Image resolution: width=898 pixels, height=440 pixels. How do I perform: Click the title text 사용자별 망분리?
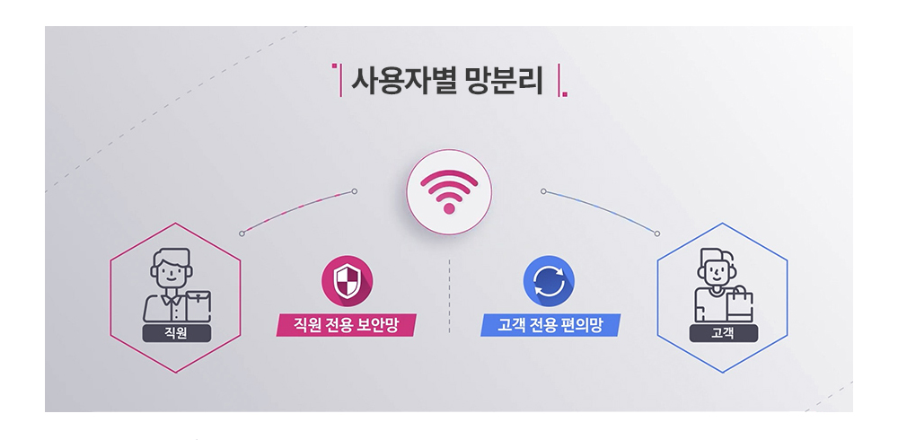coord(446,82)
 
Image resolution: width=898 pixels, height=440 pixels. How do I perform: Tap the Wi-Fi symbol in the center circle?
coord(449,191)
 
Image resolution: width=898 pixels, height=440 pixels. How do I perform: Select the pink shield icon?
coord(347,281)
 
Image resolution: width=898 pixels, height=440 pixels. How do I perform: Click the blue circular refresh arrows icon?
coord(549,281)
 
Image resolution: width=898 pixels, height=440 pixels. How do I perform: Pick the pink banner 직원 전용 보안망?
coord(346,325)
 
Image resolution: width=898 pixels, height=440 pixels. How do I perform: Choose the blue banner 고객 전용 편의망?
coord(550,325)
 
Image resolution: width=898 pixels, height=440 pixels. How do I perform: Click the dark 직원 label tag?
coord(176,333)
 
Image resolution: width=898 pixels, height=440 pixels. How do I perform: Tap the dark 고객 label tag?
coord(723,333)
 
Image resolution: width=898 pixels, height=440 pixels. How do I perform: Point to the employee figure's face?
coord(172,273)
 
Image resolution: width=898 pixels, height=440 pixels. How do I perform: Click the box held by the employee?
coord(198,305)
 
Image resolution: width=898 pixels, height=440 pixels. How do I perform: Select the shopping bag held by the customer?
coord(740,304)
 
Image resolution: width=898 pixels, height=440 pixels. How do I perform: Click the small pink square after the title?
coord(565,94)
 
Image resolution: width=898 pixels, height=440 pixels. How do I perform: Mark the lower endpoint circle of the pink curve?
coord(242,233)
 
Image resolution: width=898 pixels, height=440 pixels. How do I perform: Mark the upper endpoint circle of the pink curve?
coord(355,191)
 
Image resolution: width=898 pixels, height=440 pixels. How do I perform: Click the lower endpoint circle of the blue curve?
coord(657,233)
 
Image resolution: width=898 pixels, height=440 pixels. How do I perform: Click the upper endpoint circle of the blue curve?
coord(543,191)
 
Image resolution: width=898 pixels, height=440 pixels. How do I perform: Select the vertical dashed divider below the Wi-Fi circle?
coord(449,295)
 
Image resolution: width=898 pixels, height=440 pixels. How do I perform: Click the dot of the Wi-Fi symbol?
coord(449,208)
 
